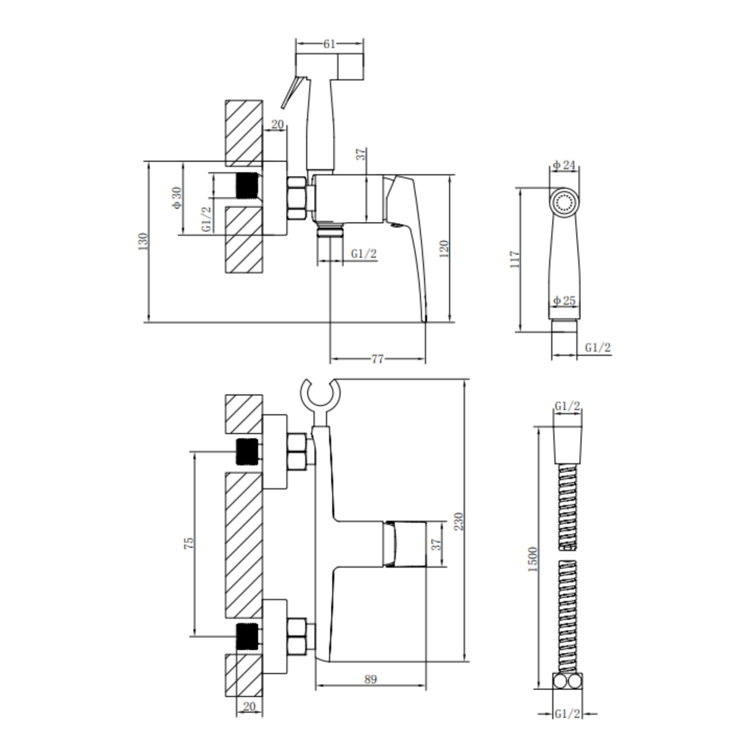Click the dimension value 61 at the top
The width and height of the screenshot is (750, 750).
click(x=329, y=44)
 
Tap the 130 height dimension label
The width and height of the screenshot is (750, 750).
click(x=143, y=241)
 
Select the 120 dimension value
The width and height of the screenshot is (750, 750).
click(x=444, y=249)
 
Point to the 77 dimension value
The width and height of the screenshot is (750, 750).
click(x=377, y=359)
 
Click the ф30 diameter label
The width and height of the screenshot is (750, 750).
click(x=177, y=198)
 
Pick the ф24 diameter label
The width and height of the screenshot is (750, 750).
click(x=564, y=165)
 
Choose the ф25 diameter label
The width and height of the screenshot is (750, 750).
click(x=564, y=301)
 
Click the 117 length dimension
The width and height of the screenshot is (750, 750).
click(x=515, y=259)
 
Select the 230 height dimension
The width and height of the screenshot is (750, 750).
click(x=459, y=521)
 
